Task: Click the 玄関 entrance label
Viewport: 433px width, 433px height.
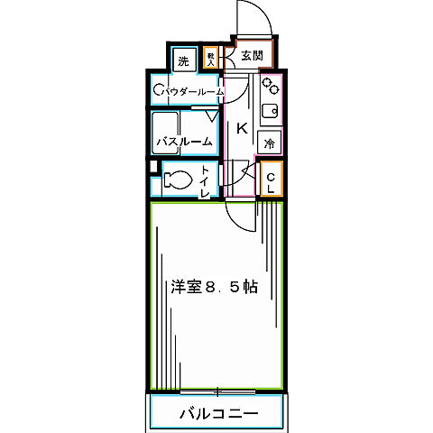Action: point(251,54)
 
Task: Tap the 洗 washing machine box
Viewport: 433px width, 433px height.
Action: point(184,61)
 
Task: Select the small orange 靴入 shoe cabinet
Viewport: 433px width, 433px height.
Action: point(210,59)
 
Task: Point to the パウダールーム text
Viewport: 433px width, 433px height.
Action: point(193,90)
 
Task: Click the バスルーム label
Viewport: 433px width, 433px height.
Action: point(185,143)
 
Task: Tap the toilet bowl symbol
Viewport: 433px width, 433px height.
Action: point(178,180)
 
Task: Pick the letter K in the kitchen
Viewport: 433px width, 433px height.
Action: point(241,128)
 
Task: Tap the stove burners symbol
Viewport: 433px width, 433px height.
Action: point(269,88)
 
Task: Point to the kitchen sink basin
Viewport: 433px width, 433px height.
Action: point(269,115)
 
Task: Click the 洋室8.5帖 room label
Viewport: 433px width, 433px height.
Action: point(215,288)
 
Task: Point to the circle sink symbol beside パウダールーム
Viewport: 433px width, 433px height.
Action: point(158,89)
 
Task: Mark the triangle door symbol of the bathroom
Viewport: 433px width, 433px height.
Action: point(211,117)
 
